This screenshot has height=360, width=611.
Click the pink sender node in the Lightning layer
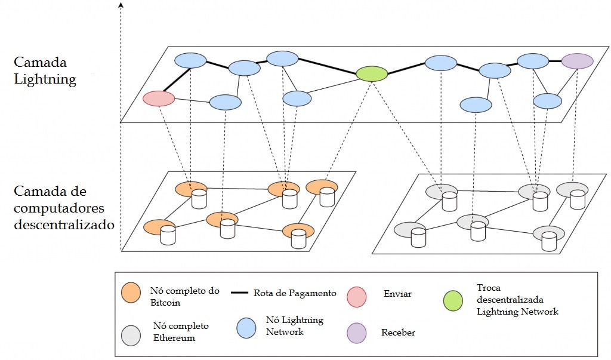pos(158,99)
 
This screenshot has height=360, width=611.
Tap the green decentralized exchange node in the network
pos(372,73)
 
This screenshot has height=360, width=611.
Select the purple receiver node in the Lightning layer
pos(577,61)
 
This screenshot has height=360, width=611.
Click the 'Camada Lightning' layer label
pos(45,71)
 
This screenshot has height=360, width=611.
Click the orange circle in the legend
pos(131,293)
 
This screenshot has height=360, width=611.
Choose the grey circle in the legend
pos(131,335)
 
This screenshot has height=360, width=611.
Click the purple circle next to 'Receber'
pos(357,334)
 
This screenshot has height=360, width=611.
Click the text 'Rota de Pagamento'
pos(295,293)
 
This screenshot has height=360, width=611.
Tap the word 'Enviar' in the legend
pos(397,294)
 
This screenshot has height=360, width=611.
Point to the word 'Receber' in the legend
pos(398,333)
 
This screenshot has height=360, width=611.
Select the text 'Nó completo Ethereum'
pos(181,332)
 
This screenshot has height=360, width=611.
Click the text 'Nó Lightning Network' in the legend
pos(294,326)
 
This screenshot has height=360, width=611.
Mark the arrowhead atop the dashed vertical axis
pos(121,5)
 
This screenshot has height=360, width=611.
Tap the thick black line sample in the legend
pos(239,293)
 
